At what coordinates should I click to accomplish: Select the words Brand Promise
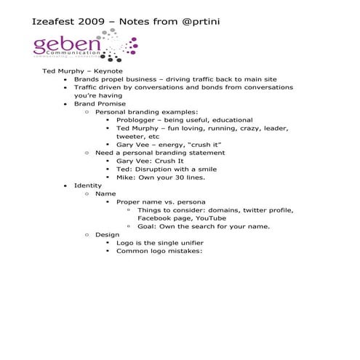pyautogui.click(x=95, y=103)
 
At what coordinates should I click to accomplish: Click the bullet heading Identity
pyautogui.click(x=88, y=185)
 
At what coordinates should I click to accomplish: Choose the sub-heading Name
pyautogui.click(x=105, y=193)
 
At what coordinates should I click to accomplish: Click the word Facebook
pyautogui.click(x=153, y=218)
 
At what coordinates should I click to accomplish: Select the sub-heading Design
pyautogui.click(x=107, y=234)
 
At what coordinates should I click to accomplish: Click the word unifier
pyautogui.click(x=189, y=243)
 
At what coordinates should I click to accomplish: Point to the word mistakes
pyautogui.click(x=184, y=251)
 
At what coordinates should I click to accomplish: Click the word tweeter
pyautogui.click(x=132, y=136)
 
